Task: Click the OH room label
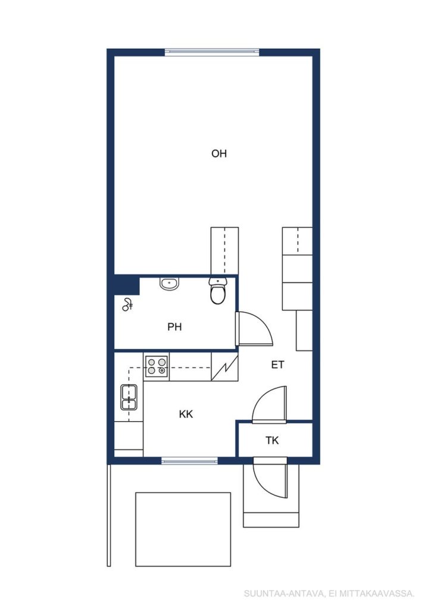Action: click(x=219, y=154)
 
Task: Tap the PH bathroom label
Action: click(x=174, y=327)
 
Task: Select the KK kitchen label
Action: click(x=186, y=415)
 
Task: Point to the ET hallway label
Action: click(x=277, y=365)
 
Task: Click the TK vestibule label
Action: click(x=272, y=441)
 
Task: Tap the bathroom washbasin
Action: click(x=170, y=284)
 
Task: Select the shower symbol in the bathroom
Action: click(x=127, y=304)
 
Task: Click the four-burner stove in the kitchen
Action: click(x=157, y=366)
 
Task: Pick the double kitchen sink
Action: click(x=129, y=397)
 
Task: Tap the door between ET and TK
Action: click(x=269, y=404)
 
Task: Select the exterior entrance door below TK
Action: click(x=270, y=478)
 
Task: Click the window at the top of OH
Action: click(x=212, y=52)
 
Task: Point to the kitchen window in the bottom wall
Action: click(x=189, y=461)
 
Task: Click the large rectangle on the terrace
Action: click(x=183, y=529)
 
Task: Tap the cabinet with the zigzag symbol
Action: click(x=224, y=367)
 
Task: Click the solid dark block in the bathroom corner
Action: click(x=127, y=285)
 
